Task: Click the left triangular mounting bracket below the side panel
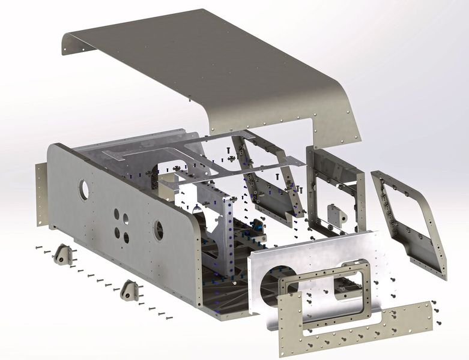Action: [x=63, y=255]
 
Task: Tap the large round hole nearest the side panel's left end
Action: [x=83, y=190]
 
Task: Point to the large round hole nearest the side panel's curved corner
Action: [x=159, y=230]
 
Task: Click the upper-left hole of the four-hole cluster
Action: [x=116, y=213]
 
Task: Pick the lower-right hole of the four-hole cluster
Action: [x=126, y=238]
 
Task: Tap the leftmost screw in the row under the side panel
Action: [x=38, y=247]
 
